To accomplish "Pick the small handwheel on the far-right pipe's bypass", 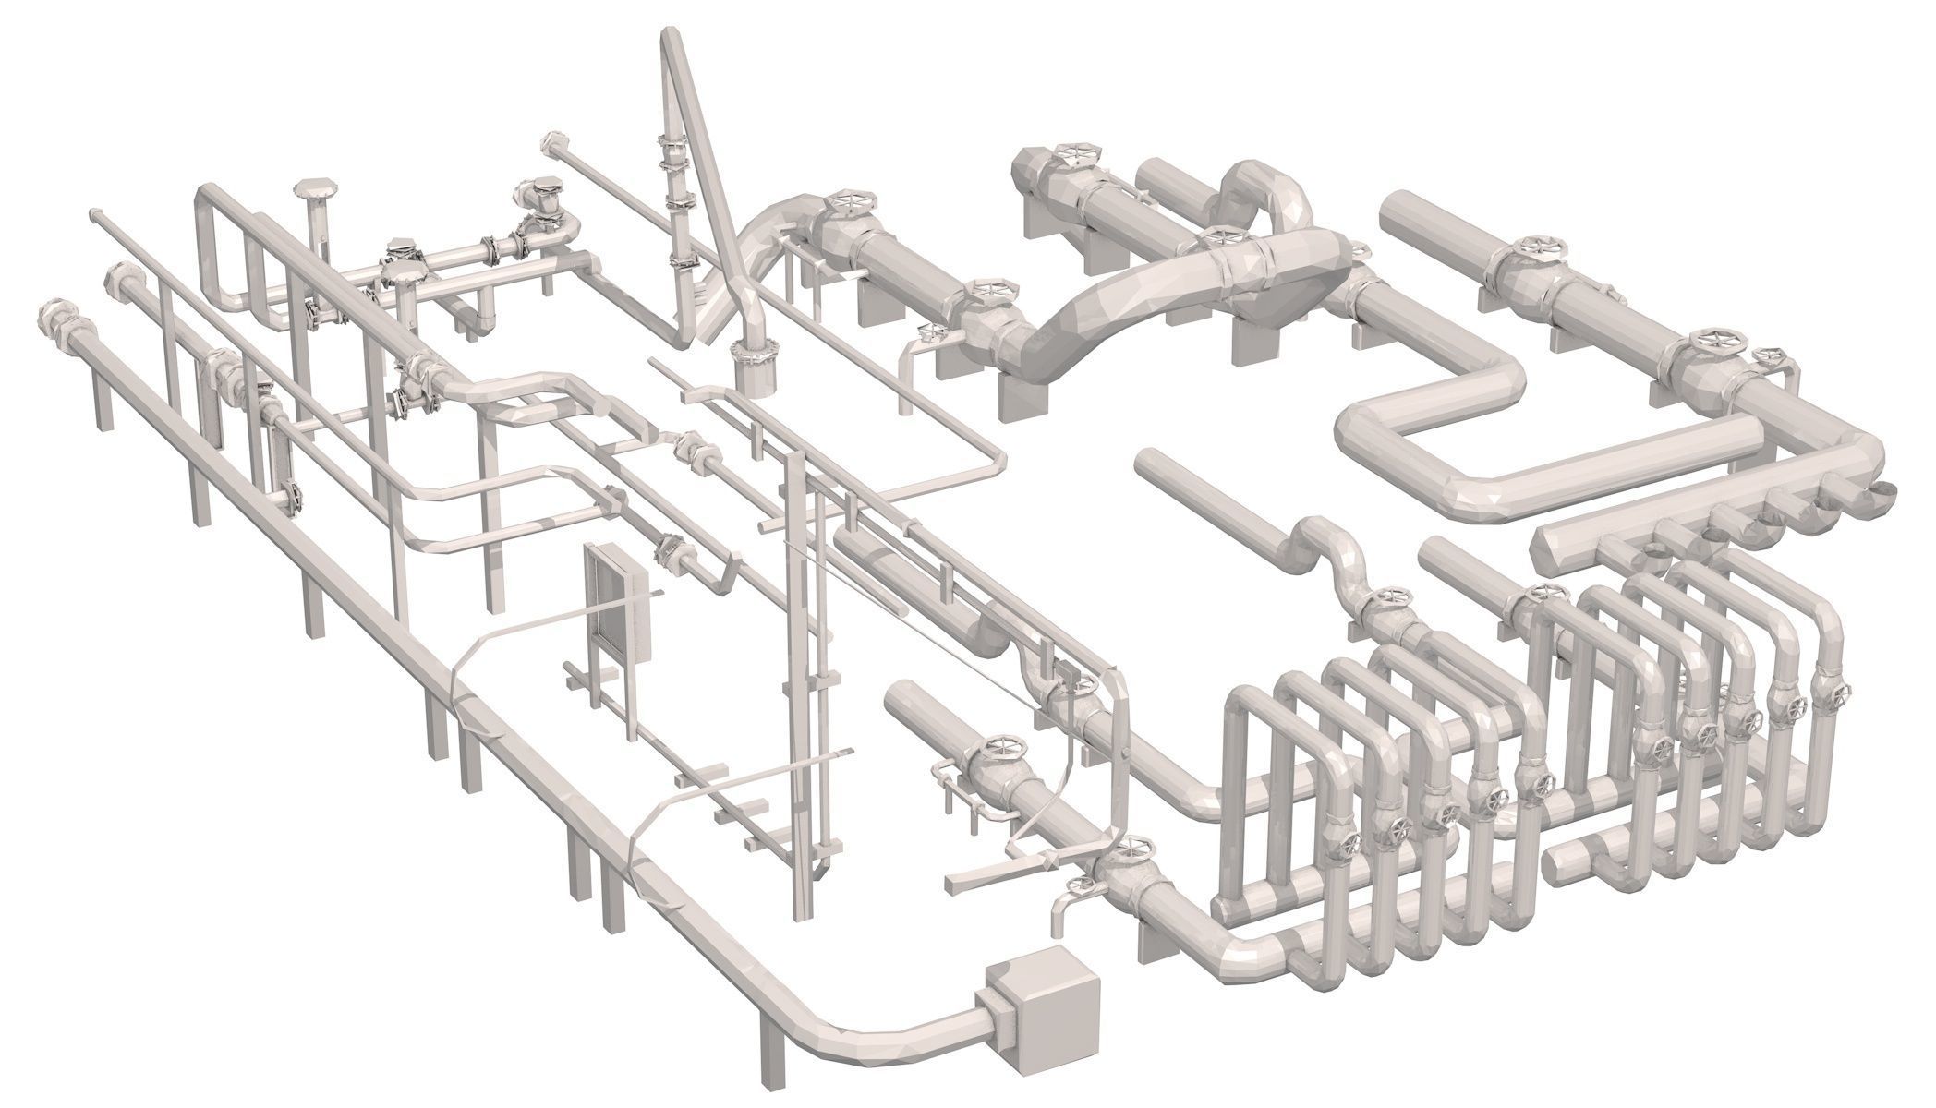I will click(1772, 356).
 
